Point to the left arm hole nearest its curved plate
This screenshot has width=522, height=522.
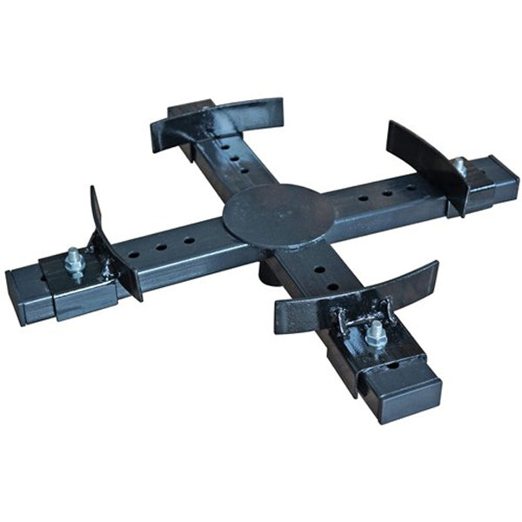click(134, 255)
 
